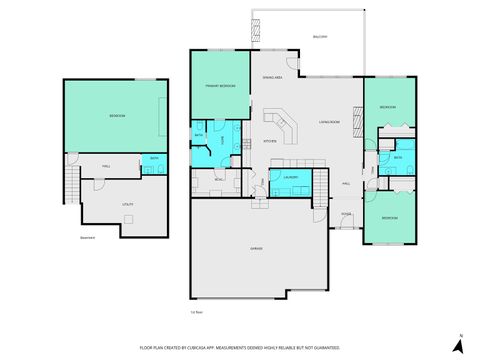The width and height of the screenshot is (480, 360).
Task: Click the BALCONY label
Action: pos(320,37)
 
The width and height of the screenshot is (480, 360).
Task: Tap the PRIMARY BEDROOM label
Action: pos(220,86)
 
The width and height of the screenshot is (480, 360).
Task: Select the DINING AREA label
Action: pos(272,77)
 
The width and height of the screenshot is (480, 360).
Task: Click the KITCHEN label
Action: pos(270,141)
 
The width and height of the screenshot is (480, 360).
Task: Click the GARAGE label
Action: pos(257,248)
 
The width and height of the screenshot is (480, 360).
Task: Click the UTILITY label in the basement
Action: pos(128,204)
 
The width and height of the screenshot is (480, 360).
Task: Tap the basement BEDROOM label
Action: pos(117,117)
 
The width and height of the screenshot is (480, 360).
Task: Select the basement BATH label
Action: pos(154,158)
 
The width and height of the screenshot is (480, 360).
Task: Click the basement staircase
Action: pos(70,184)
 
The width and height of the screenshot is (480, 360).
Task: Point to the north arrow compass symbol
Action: pos(458,344)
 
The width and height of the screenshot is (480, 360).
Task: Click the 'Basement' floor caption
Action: pos(89,238)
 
